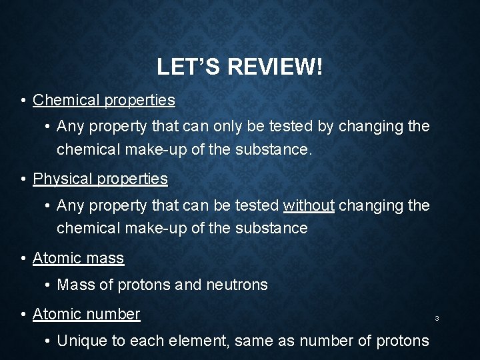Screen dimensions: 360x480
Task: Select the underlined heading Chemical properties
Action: pos(104,100)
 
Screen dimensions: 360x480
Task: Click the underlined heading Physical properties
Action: pos(101,179)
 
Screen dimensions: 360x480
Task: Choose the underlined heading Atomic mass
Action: pos(78,257)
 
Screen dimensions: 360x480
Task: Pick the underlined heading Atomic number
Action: pos(87,313)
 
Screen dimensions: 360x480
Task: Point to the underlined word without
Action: pos(309,206)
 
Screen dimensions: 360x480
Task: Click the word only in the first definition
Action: pos(203,126)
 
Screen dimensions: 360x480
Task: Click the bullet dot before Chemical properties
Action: pos(23,101)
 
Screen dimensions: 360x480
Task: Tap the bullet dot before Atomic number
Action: pos(23,314)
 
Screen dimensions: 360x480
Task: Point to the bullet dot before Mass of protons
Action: pos(49,286)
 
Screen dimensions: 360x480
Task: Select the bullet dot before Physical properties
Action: pos(23,180)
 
